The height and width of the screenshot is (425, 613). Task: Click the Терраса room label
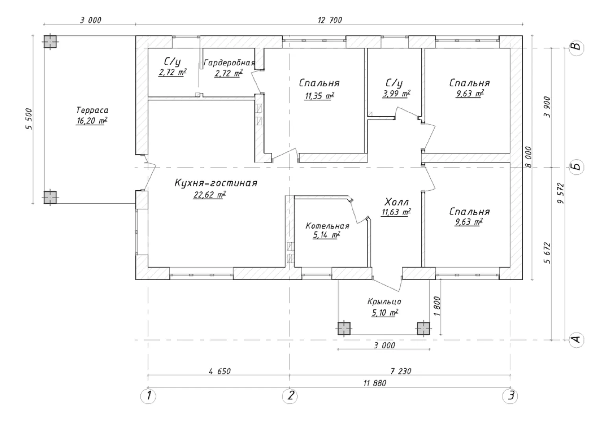92,111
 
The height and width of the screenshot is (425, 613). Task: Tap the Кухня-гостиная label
216,183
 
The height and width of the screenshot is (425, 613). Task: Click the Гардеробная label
229,63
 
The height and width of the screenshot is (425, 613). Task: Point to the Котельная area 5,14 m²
326,235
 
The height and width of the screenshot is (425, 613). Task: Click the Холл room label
396,203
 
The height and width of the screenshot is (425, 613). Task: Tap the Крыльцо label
384,302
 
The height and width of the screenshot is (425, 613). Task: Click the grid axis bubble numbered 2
290,395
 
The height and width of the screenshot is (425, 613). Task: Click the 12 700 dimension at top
330,20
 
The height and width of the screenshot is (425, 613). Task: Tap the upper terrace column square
50,41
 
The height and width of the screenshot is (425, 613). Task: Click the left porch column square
344,328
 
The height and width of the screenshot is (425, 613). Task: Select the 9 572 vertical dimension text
561,193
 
